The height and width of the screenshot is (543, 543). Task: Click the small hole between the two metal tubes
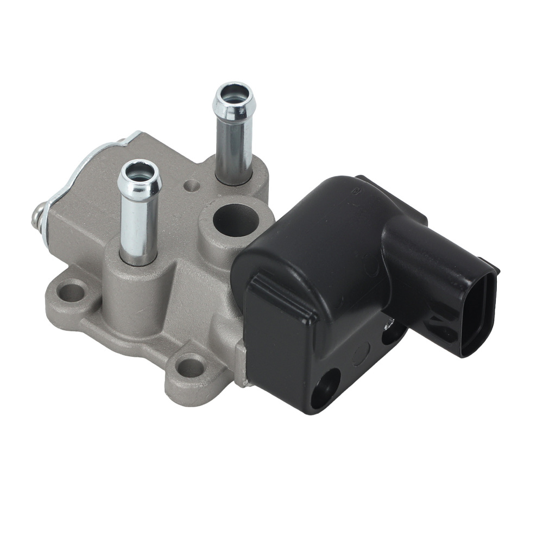point(190,186)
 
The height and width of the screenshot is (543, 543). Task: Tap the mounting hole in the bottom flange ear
point(191,367)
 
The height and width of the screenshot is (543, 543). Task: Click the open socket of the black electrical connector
point(478,315)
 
